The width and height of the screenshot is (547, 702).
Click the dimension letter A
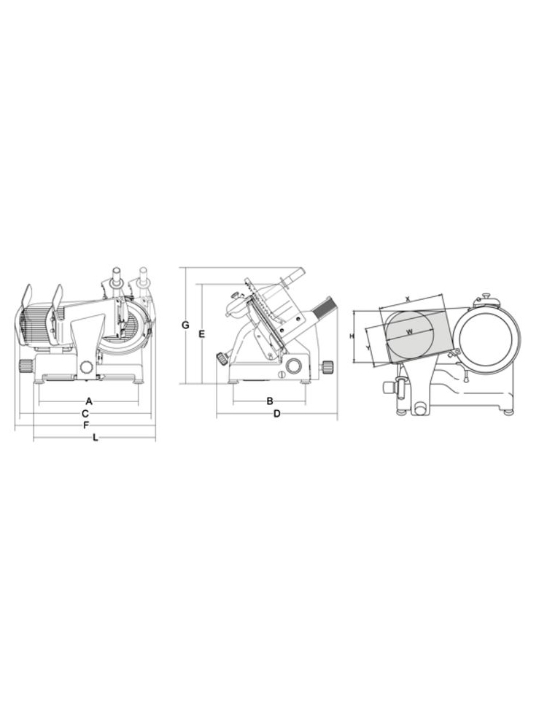[89, 401]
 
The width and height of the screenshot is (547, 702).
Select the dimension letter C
[85, 413]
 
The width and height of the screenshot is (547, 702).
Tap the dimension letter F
[86, 425]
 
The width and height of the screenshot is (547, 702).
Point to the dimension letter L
[95, 437]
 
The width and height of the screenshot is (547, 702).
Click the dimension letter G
[185, 325]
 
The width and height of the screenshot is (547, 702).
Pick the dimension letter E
[201, 333]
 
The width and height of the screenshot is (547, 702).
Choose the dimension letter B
[270, 401]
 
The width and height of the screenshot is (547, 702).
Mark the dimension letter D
[277, 413]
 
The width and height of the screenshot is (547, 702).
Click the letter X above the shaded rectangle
[408, 298]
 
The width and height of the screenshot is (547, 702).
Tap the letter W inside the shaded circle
[410, 332]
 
